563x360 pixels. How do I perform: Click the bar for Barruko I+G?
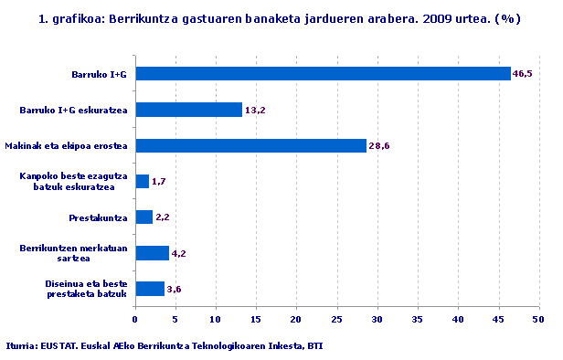coord(323,74)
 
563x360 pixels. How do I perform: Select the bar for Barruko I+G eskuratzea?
coord(188,110)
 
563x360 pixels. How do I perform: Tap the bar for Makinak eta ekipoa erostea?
coord(250,145)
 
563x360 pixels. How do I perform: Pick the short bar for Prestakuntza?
coord(143,217)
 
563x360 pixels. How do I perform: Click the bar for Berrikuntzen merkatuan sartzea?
coord(152,253)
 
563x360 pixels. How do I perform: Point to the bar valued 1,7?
coord(142,182)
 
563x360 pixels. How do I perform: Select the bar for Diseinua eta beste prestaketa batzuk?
coord(150,289)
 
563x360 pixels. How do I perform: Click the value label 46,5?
coord(522,74)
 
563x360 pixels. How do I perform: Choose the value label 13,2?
coord(254,111)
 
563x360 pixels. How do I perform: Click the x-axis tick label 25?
coord(336,320)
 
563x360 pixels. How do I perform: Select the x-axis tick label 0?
coord(135,320)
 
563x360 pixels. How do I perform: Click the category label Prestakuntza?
coord(98,217)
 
